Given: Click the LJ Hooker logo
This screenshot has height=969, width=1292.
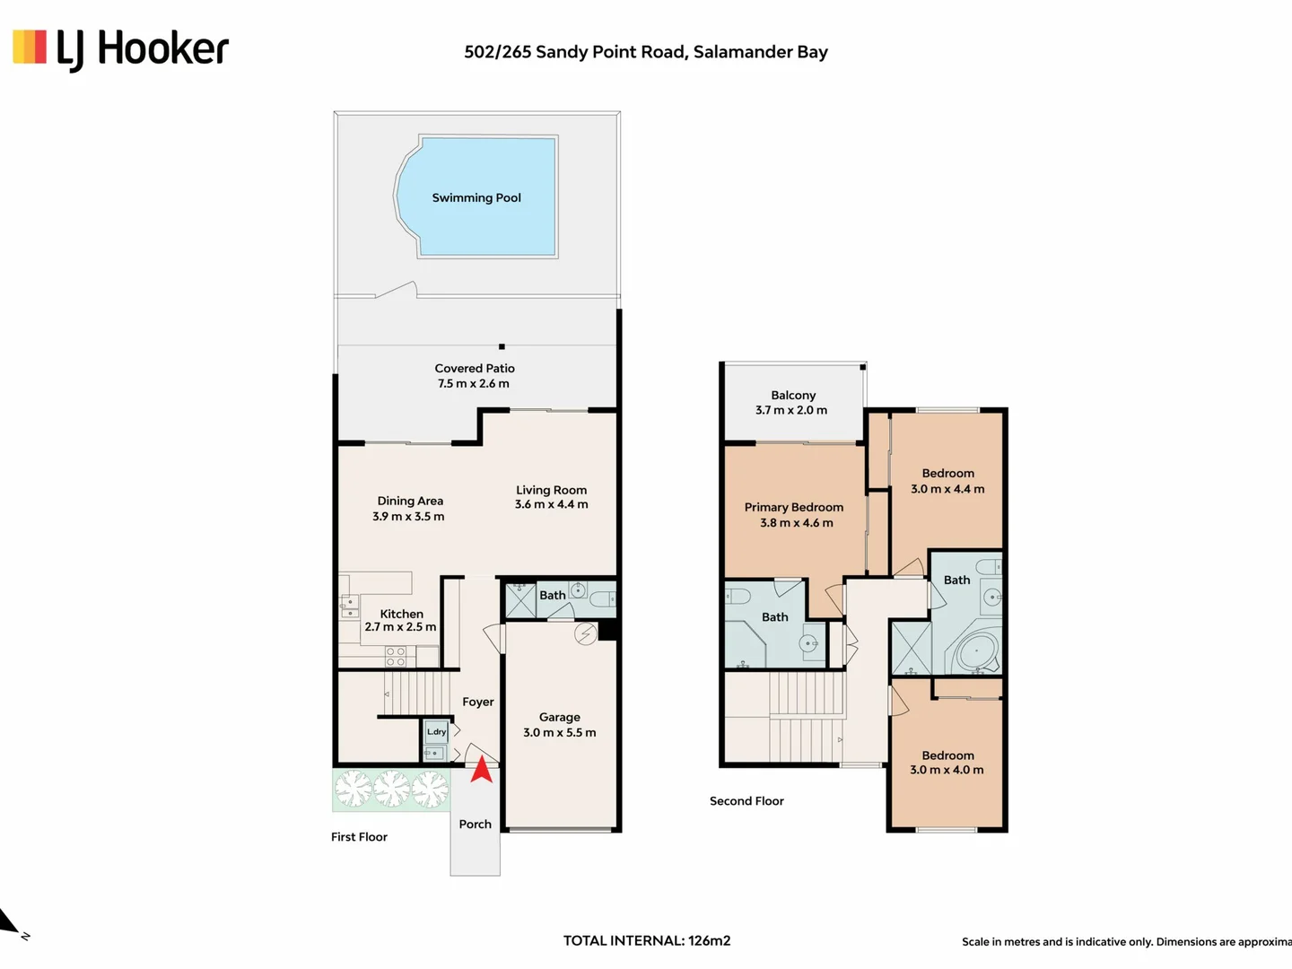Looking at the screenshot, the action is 120,49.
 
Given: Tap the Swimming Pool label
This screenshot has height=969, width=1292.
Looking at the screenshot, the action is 476,197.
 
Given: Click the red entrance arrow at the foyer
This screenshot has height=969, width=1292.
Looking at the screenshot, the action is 482,770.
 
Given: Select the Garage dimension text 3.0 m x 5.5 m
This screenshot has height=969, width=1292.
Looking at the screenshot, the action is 560,732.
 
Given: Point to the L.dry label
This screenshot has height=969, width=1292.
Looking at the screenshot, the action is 436,731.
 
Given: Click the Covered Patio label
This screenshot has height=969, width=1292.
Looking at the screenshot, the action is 475,368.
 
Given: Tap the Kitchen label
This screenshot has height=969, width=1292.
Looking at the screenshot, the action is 401,614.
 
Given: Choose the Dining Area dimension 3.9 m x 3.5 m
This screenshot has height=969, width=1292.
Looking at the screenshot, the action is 408,517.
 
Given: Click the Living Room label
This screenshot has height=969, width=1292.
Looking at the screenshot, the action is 551,490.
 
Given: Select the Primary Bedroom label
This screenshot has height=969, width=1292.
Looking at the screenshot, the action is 793,507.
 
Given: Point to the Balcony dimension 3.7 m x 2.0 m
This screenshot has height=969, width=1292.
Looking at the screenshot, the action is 791,410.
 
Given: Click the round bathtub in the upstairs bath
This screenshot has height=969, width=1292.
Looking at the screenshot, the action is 976,651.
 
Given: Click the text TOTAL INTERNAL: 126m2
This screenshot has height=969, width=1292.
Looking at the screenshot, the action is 647,941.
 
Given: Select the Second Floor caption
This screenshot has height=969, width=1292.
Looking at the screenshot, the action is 746,800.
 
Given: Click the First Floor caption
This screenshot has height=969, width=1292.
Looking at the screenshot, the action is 359,836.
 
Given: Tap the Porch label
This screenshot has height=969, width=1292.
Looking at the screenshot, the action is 475,825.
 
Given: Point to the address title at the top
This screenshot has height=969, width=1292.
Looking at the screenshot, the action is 646,52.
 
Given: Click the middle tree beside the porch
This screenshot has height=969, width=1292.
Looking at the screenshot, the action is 391,789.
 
